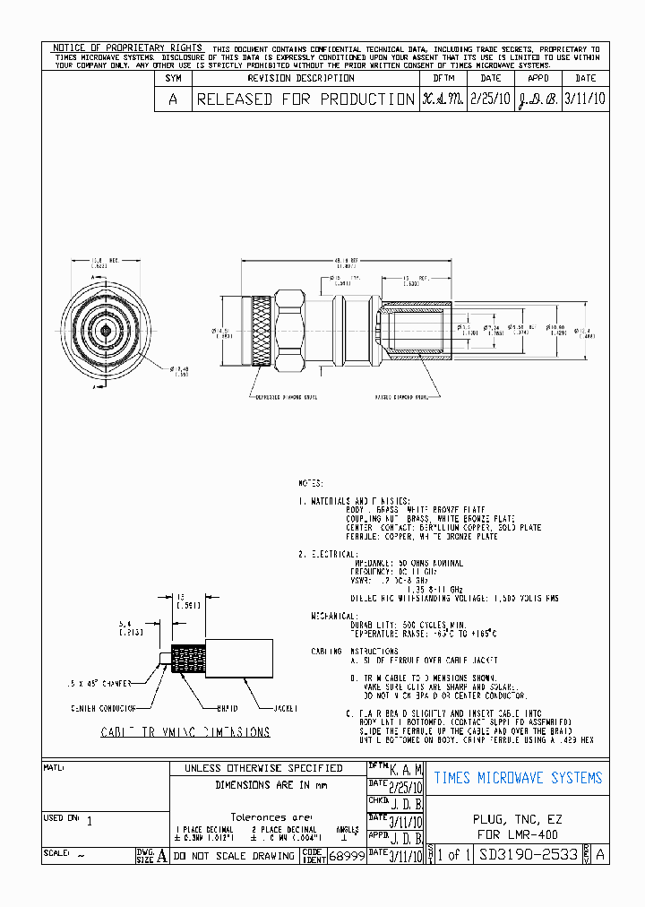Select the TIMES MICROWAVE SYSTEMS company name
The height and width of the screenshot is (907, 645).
tap(518, 778)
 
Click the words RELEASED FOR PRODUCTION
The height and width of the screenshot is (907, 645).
tap(305, 99)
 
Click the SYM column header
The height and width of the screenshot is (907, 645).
tap(173, 78)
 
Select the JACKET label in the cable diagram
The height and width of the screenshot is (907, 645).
tap(288, 708)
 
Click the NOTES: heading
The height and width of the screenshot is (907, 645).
tap(311, 482)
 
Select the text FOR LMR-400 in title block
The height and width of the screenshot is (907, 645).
tap(518, 834)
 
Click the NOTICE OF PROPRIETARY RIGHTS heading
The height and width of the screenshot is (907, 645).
tap(126, 48)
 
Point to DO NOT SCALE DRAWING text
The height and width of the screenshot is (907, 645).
tap(234, 856)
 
